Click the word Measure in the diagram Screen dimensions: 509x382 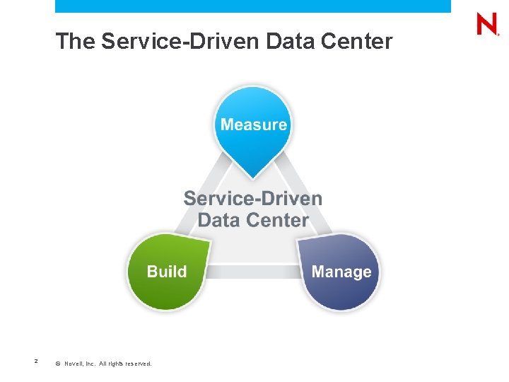(x=254, y=125)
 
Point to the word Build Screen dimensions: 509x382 (x=167, y=272)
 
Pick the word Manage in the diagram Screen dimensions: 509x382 (x=341, y=272)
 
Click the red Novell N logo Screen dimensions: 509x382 (x=487, y=25)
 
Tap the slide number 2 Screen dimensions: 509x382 (x=35, y=362)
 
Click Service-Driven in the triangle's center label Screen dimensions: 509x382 (x=253, y=199)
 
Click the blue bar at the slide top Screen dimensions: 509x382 (x=253, y=6)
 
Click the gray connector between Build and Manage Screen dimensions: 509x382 (x=253, y=272)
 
